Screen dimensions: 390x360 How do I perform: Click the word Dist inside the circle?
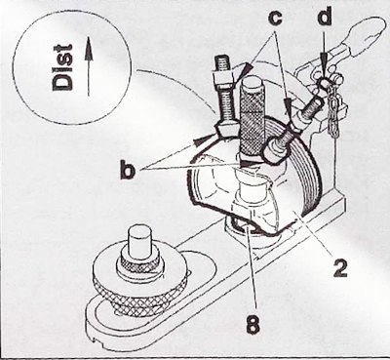62,67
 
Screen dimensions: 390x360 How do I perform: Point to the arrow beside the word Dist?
89,67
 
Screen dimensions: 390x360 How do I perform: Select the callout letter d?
324,17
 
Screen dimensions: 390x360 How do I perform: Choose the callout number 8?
253,323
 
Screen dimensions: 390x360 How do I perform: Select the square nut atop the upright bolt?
223,79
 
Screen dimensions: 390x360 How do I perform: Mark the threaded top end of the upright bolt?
222,62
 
